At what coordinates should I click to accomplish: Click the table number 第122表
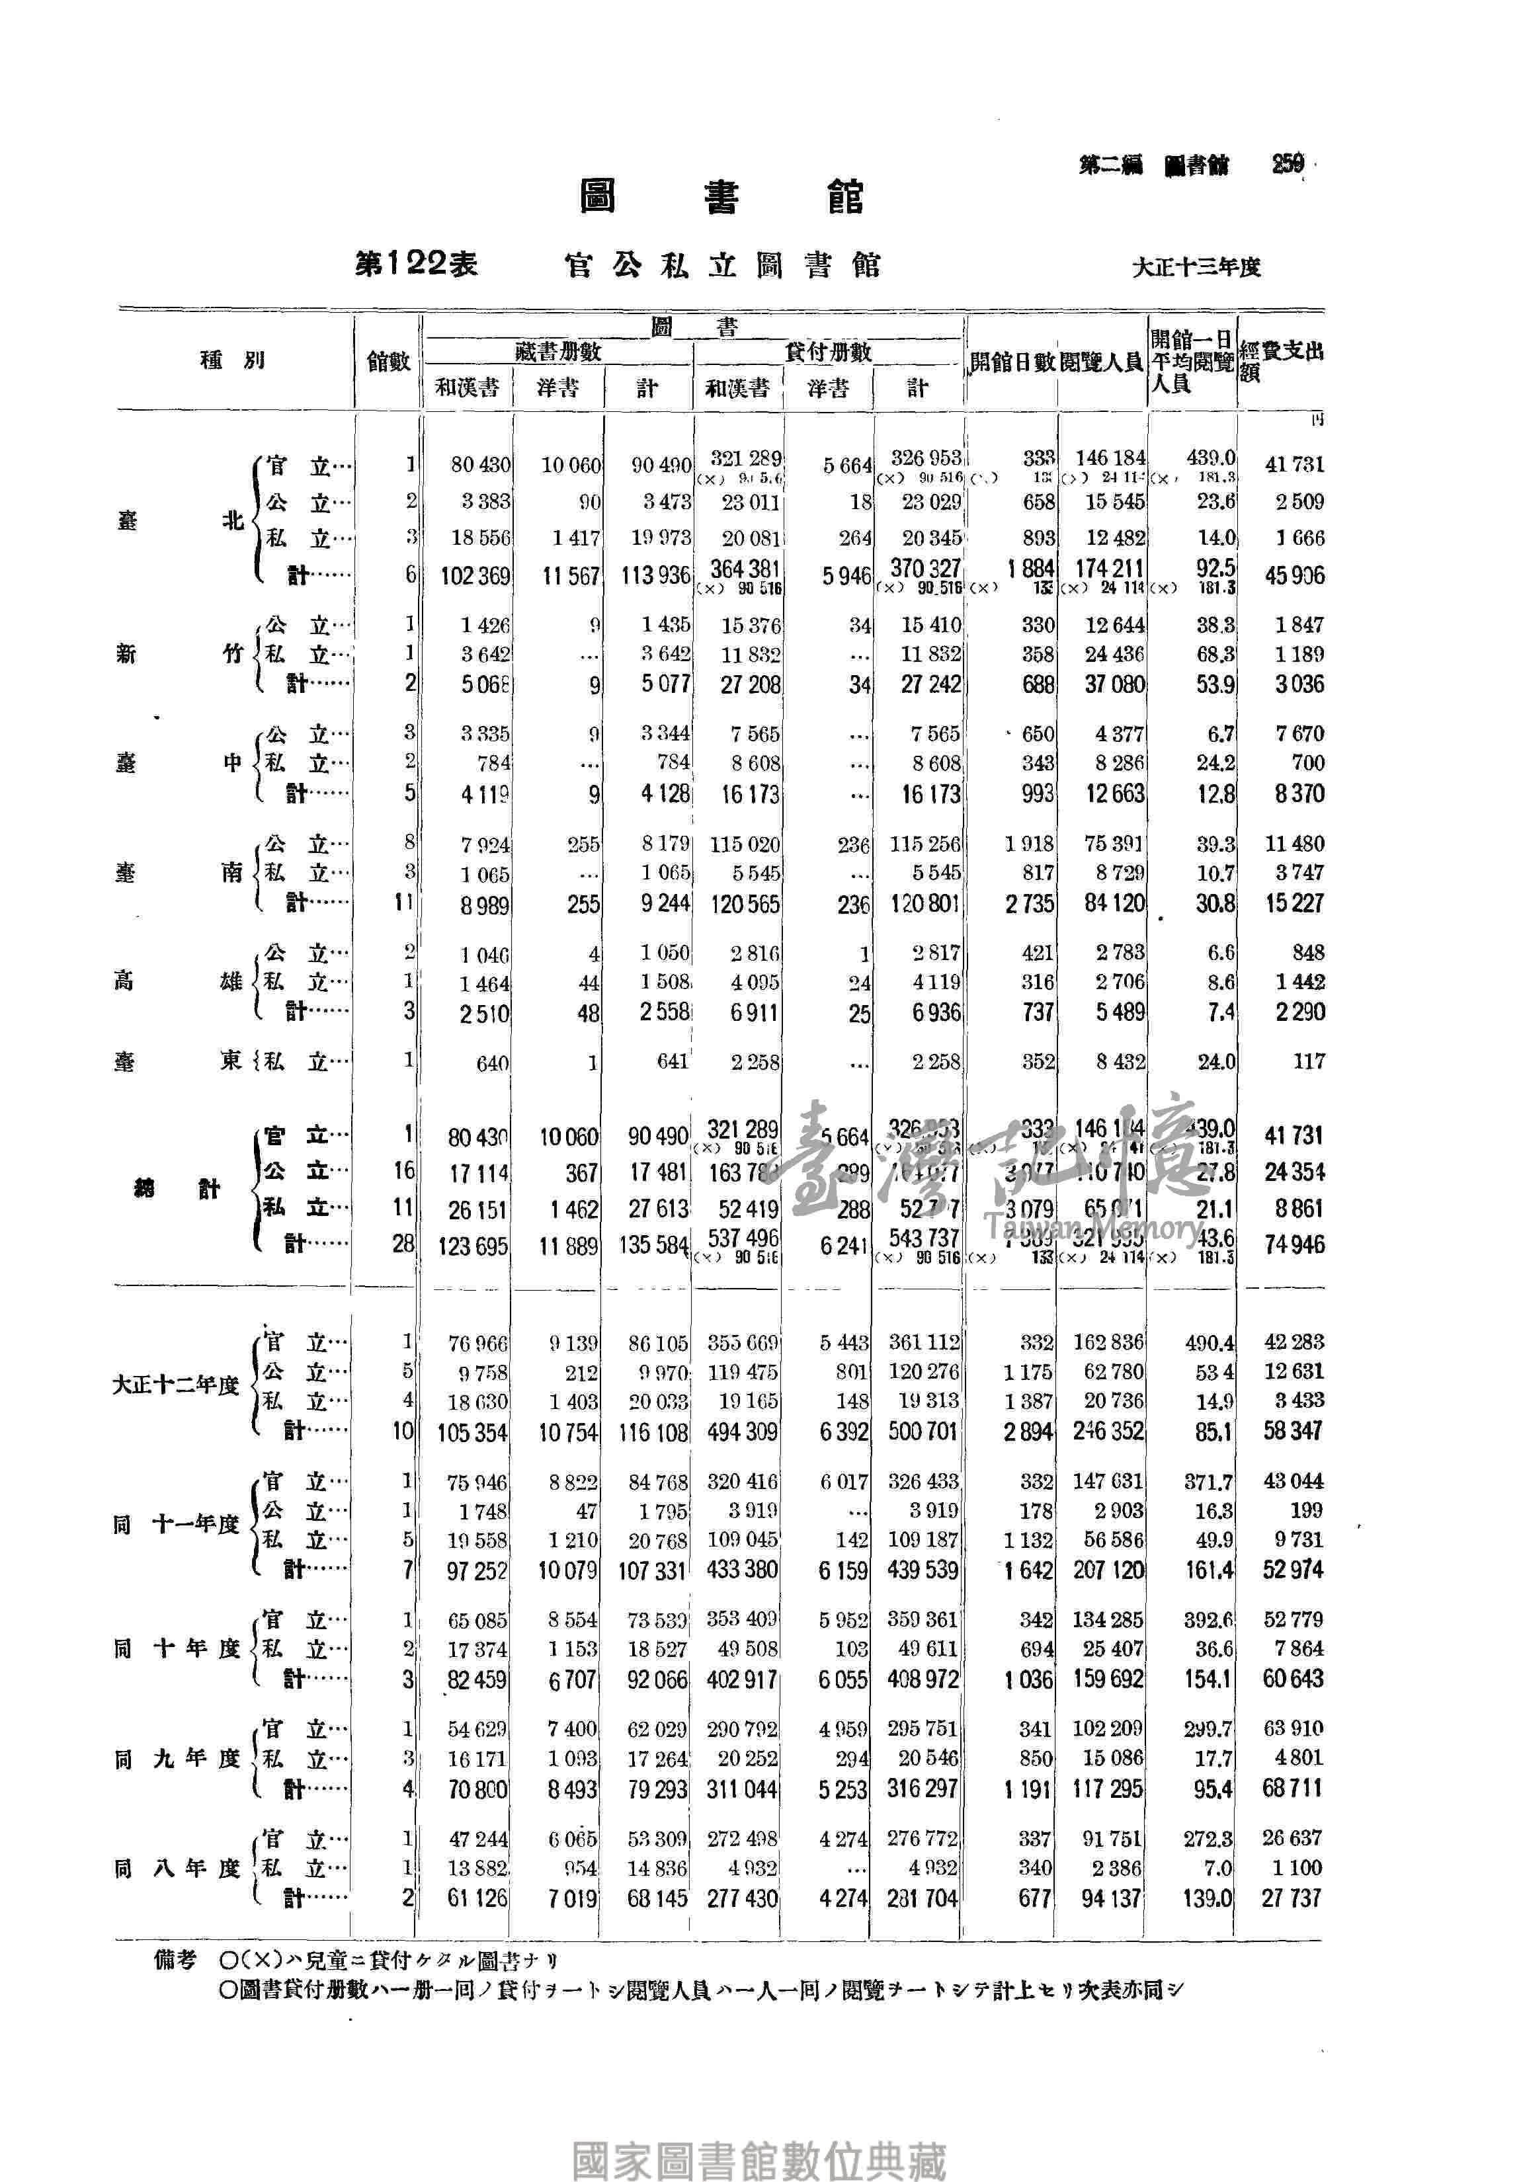[415, 265]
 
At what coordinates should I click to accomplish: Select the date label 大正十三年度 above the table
[1195, 267]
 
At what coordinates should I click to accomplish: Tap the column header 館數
[388, 361]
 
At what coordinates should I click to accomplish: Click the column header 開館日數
[1012, 362]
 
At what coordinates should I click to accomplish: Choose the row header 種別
[233, 360]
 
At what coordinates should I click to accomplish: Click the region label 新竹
[180, 654]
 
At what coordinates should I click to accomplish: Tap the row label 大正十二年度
[176, 1386]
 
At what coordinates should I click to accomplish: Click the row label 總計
[177, 1189]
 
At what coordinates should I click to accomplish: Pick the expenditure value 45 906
[1294, 576]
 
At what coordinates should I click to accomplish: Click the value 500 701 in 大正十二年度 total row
[922, 1432]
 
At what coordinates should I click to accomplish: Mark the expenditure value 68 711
[1293, 1789]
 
